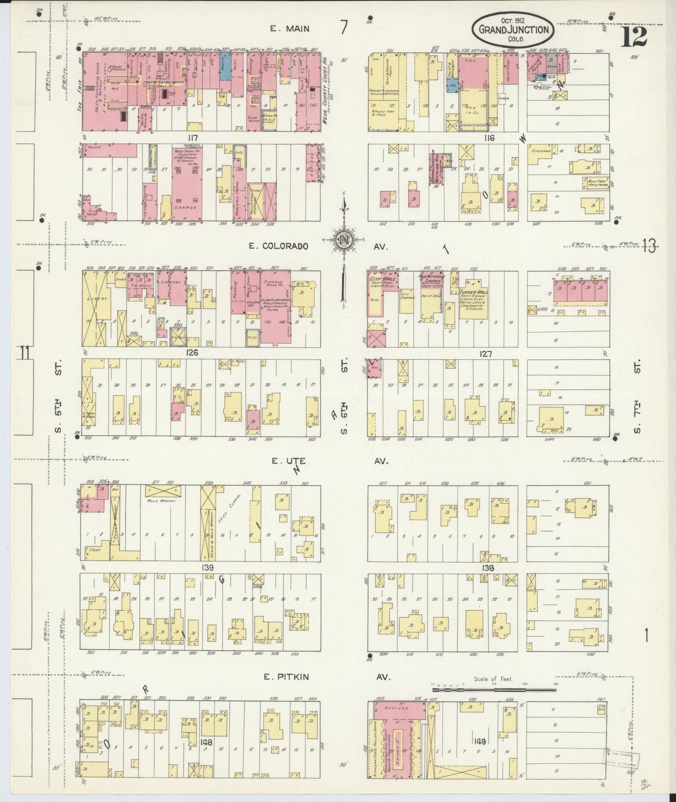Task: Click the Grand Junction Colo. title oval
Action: [x=513, y=29]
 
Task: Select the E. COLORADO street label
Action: [x=279, y=246]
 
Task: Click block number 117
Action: [x=192, y=138]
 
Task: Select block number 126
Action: [x=192, y=353]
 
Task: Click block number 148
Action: [x=206, y=742]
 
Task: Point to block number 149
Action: [x=480, y=742]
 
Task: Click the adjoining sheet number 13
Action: [x=649, y=247]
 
